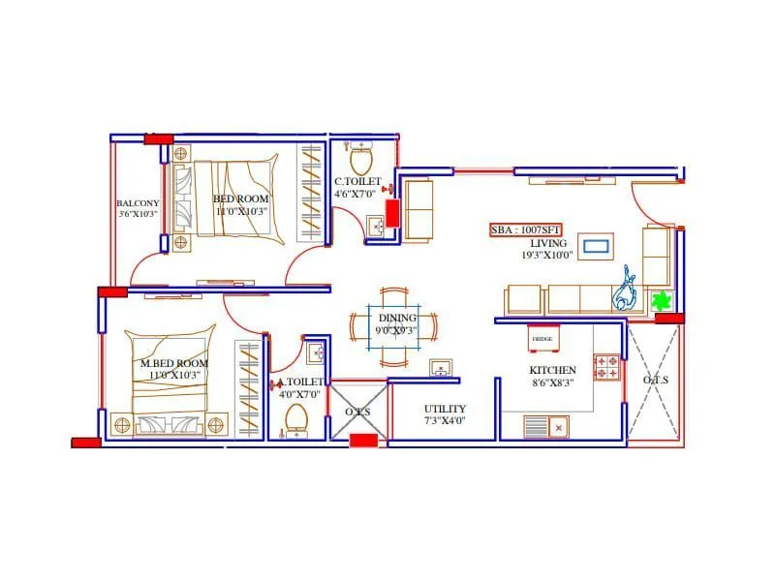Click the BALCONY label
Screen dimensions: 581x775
137,203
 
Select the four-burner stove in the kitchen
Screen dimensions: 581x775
607,367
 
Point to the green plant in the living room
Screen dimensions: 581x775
663,300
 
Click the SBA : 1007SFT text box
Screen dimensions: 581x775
526,230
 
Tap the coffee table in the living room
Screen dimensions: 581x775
595,245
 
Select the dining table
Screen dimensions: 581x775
397,323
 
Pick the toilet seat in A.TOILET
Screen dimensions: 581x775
296,417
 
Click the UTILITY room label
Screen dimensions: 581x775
445,409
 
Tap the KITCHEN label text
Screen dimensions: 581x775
552,370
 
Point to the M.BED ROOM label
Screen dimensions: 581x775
173,363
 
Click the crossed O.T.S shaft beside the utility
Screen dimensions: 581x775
358,412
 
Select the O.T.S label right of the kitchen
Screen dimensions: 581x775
655,381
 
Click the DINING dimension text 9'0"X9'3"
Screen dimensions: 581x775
397,329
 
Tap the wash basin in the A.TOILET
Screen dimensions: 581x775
315,352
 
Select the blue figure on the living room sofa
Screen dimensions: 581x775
626,289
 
